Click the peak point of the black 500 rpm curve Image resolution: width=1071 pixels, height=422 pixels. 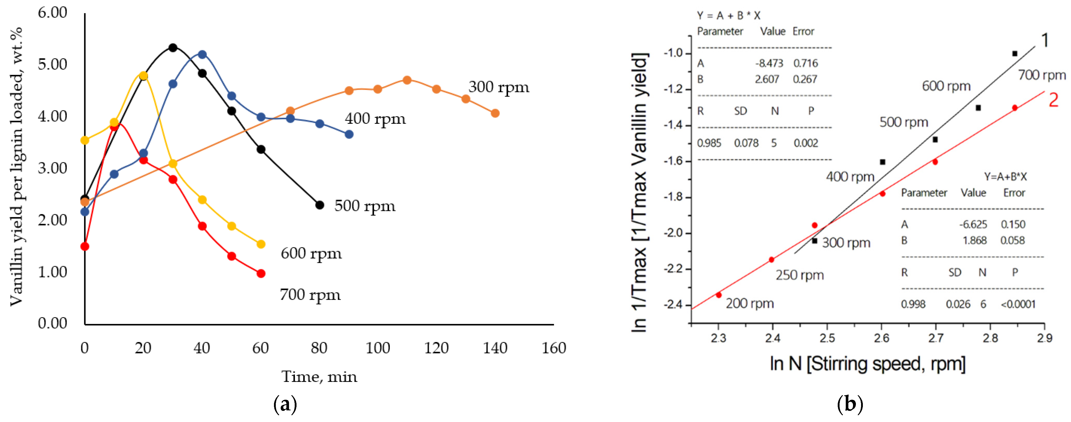pyautogui.click(x=173, y=48)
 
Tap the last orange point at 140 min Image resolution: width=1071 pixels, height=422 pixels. pyautogui.click(x=495, y=113)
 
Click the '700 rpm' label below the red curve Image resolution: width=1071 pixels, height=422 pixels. pyautogui.click(x=310, y=295)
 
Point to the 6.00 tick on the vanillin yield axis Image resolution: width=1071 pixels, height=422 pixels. pyautogui.click(x=52, y=12)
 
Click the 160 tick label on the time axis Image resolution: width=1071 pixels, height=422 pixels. pyautogui.click(x=553, y=348)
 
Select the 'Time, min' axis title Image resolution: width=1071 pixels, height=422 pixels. pyautogui.click(x=319, y=377)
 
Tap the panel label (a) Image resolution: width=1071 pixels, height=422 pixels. pyautogui.click(x=285, y=404)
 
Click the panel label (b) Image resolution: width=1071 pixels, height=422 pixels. pyautogui.click(x=850, y=404)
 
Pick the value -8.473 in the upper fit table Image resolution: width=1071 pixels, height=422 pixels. pyautogui.click(x=769, y=63)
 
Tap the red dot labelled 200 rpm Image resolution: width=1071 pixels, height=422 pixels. pyautogui.click(x=718, y=295)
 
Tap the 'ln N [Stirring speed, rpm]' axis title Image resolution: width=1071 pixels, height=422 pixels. pyautogui.click(x=867, y=364)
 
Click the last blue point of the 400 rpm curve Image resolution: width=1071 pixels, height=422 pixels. pyautogui.click(x=349, y=134)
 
